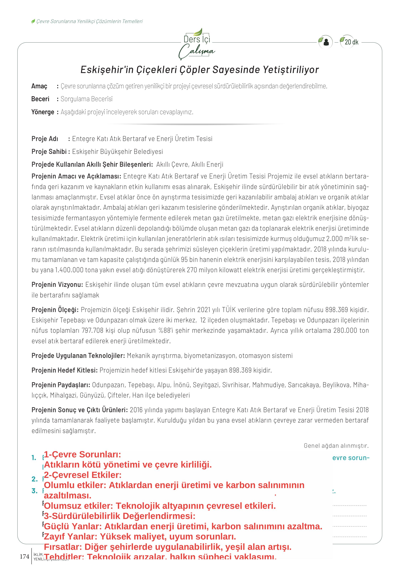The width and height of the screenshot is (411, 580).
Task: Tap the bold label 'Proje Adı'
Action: (45, 139)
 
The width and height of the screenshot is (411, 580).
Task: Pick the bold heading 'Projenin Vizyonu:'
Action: (57, 285)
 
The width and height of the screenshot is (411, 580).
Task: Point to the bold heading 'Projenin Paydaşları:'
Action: (61, 385)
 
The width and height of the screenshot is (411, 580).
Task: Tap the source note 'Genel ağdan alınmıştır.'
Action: (336, 446)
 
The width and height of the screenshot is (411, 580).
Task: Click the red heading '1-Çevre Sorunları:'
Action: (83, 454)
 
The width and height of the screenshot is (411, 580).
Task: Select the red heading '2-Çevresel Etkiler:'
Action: (83, 475)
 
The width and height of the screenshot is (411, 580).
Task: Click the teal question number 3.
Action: (34, 491)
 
